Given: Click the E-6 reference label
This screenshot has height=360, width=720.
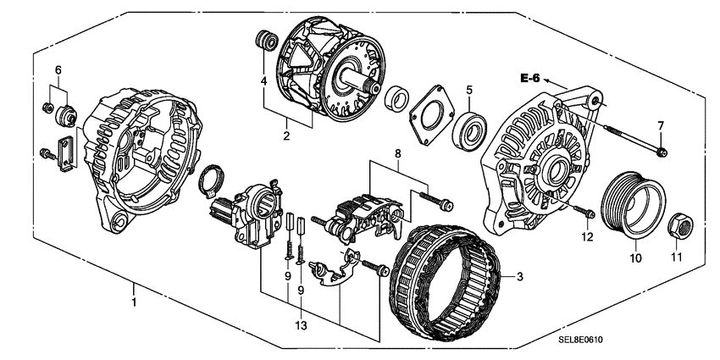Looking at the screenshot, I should click(530, 79).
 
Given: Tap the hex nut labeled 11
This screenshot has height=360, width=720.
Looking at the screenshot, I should click(682, 226).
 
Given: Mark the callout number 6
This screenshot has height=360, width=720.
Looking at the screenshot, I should click(58, 69).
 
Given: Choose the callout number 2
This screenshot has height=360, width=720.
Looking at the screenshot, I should click(286, 135).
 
